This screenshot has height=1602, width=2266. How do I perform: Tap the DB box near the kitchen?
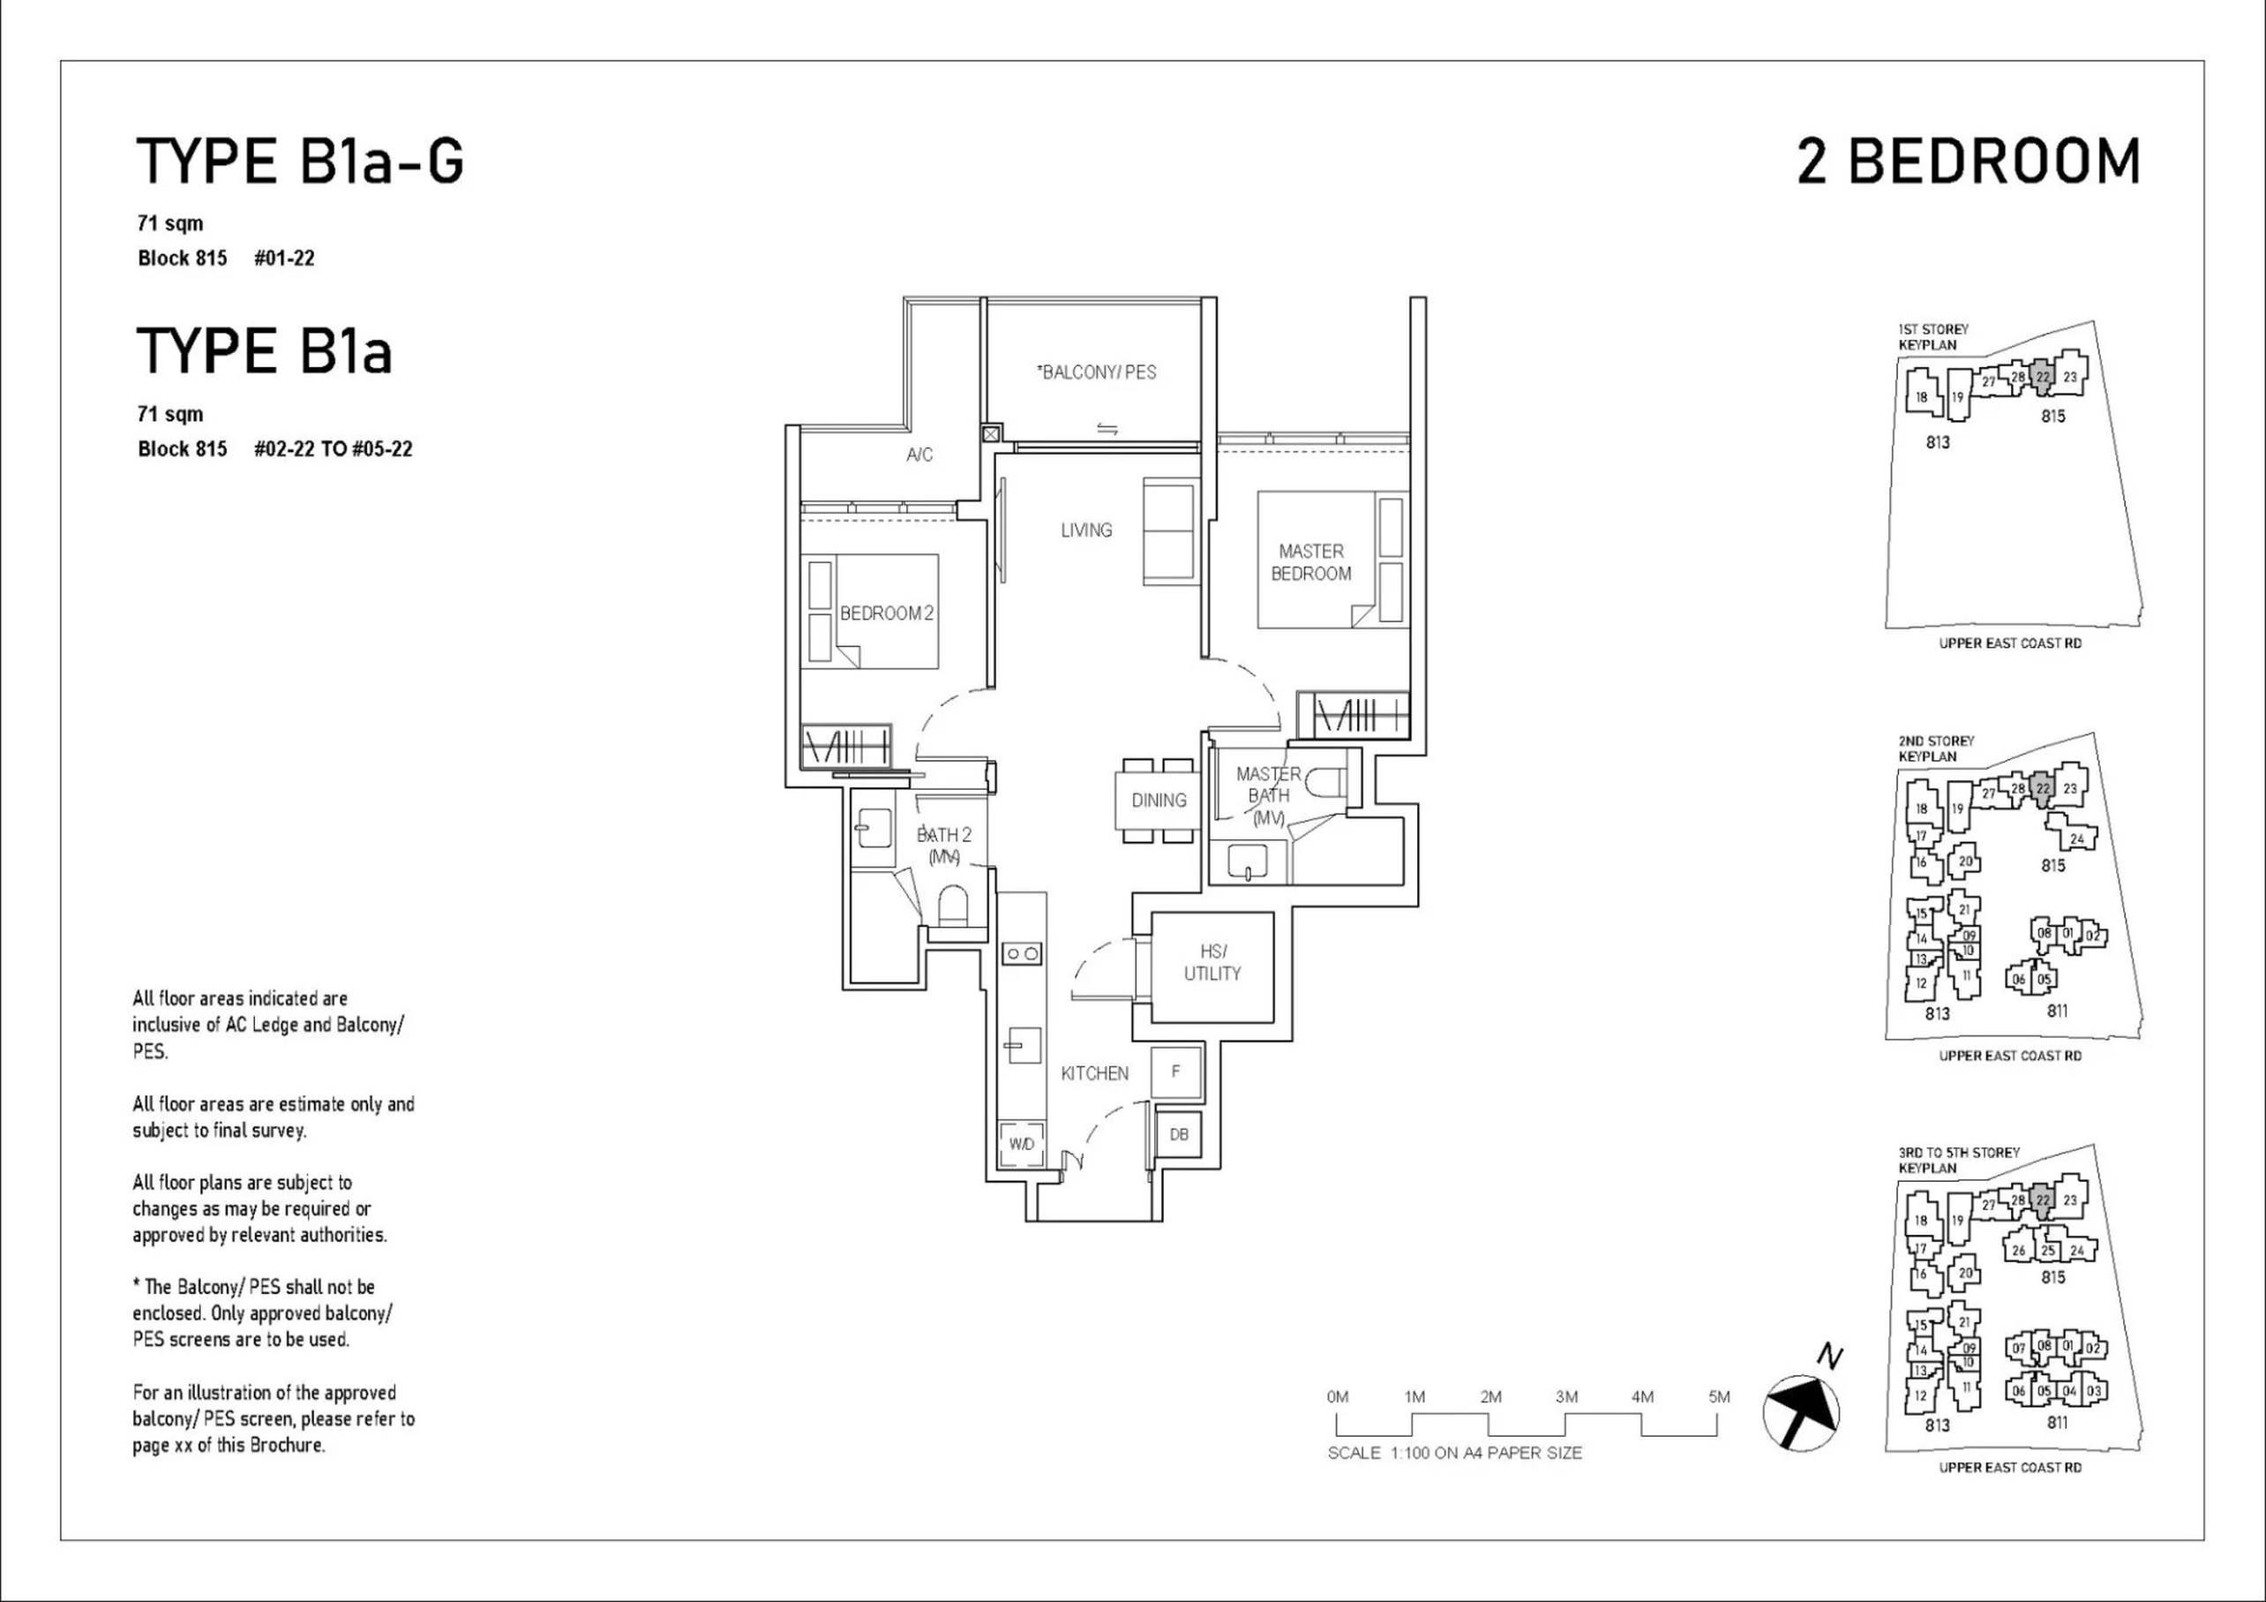[x=1178, y=1134]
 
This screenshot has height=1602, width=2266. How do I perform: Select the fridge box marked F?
[x=1175, y=1071]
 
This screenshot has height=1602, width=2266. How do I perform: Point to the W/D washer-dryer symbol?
[x=1022, y=1144]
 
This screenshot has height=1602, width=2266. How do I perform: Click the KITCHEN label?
[x=1094, y=1074]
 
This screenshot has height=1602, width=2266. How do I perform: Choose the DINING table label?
[x=1159, y=801]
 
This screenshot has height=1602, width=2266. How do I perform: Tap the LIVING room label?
[x=1086, y=530]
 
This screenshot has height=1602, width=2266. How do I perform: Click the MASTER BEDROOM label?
[x=1310, y=562]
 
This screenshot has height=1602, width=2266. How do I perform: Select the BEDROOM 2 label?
[x=886, y=613]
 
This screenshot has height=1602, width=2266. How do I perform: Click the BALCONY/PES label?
[x=1097, y=372]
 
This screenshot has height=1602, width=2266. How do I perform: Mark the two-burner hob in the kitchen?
[x=1022, y=953]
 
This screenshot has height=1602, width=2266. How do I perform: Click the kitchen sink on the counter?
[x=1023, y=1044]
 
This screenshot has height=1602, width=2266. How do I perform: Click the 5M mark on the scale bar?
[x=1719, y=1396]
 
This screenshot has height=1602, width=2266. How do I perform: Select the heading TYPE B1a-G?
[x=300, y=162]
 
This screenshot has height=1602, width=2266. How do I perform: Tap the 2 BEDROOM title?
[x=1968, y=162]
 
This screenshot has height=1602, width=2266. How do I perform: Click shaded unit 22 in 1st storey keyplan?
[x=2043, y=377]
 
